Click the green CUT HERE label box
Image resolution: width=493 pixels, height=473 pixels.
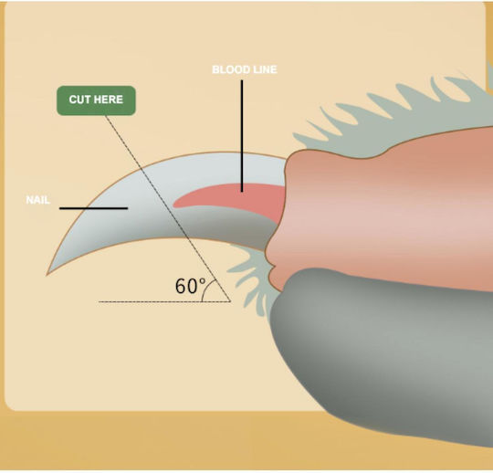point(96,100)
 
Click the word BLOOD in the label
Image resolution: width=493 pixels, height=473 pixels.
point(229,69)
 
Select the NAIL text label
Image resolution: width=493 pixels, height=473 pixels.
point(37,200)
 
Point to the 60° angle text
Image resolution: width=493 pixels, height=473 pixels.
point(190,286)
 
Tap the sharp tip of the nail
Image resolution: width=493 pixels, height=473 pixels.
point(47,275)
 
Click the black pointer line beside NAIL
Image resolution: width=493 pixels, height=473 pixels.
point(93,208)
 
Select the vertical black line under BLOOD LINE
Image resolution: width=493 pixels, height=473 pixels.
point(242,136)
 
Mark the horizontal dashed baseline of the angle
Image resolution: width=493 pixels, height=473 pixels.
point(164,301)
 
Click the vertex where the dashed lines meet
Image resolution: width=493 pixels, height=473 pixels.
point(230,301)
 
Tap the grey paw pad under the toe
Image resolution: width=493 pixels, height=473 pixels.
point(381,352)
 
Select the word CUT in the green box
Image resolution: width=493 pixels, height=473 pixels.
point(79,100)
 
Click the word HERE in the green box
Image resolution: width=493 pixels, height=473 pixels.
point(108,100)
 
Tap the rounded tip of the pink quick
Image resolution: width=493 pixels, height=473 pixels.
point(174,205)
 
